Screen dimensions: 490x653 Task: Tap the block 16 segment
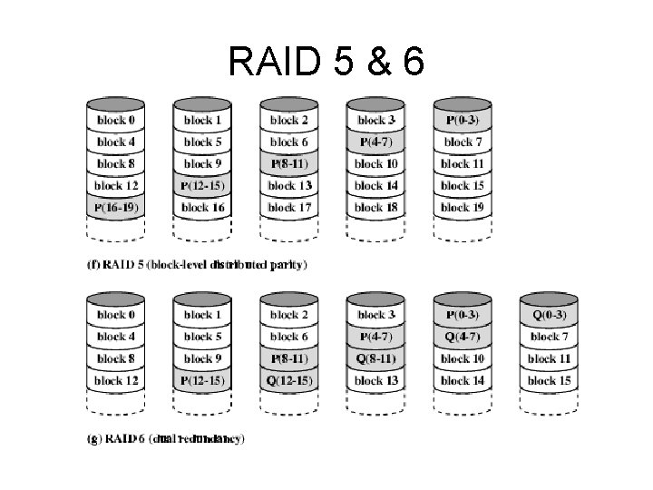point(203,208)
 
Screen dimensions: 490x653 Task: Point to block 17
point(290,208)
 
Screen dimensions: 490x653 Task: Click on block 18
point(376,208)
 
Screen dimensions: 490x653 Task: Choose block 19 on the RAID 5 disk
point(463,208)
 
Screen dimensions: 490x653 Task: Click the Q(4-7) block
point(463,337)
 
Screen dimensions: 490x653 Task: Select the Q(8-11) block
point(376,358)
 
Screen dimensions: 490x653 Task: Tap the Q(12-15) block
point(290,380)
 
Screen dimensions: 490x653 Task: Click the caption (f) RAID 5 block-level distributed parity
point(198,265)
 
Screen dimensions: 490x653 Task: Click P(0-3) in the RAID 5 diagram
point(463,120)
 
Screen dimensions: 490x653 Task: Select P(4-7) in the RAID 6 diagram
point(376,337)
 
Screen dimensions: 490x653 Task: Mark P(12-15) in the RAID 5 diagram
point(203,186)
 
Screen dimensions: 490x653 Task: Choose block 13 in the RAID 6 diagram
point(376,380)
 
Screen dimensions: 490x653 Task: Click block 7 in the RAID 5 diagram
point(463,142)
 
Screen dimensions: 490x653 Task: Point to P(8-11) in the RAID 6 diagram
point(290,358)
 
